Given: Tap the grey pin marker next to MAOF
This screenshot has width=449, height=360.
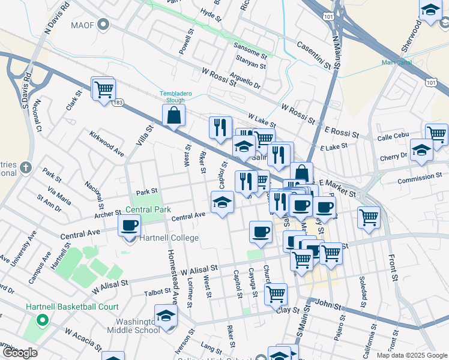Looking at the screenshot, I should [104, 25].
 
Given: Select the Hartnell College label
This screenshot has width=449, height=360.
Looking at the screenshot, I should [169, 238].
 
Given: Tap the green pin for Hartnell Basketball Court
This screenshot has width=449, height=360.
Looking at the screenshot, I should [41, 319].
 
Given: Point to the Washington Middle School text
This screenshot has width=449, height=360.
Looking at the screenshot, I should [133, 326].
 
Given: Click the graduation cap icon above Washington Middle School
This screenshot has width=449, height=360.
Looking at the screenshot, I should [166, 316].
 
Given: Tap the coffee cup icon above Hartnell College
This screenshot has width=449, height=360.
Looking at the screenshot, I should [130, 227].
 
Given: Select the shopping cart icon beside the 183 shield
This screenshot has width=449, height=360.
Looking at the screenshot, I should [103, 89].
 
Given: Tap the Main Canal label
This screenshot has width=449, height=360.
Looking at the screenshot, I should [396, 62].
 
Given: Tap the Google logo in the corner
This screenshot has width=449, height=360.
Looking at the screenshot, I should [20, 353].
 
